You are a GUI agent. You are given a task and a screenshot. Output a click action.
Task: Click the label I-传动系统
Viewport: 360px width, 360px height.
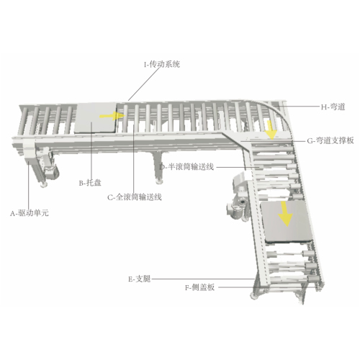point(162,65)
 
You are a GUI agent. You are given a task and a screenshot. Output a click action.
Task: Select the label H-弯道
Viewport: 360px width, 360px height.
point(333,107)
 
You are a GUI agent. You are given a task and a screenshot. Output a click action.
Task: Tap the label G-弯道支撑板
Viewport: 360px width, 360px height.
point(330,140)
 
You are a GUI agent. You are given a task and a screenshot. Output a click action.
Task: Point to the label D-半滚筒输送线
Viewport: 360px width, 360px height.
point(186,166)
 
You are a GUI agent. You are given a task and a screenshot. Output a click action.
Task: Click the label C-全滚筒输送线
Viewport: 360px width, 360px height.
point(135,197)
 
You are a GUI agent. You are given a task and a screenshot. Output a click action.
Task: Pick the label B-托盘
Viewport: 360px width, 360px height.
point(90,183)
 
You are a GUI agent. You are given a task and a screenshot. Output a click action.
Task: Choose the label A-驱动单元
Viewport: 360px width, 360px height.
point(30,213)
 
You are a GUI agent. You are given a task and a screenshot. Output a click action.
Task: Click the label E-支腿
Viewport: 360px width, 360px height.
point(140,279)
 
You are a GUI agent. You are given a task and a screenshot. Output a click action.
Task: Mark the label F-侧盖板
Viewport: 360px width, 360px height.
point(199,287)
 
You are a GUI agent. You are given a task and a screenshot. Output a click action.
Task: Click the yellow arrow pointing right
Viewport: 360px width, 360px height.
point(112,116)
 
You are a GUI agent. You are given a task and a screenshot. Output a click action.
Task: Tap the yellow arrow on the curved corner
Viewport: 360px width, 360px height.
point(272,130)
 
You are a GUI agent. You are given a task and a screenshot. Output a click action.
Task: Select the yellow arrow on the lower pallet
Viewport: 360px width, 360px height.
point(286,214)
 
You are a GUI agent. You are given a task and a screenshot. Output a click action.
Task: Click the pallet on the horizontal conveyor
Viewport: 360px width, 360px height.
point(95,117)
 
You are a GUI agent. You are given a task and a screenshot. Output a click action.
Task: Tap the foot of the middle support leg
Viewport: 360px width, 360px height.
point(158,181)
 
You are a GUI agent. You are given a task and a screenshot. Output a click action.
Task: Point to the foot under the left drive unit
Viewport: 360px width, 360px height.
point(44,184)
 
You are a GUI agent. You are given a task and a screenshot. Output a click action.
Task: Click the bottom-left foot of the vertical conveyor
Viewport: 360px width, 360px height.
point(254,295)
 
